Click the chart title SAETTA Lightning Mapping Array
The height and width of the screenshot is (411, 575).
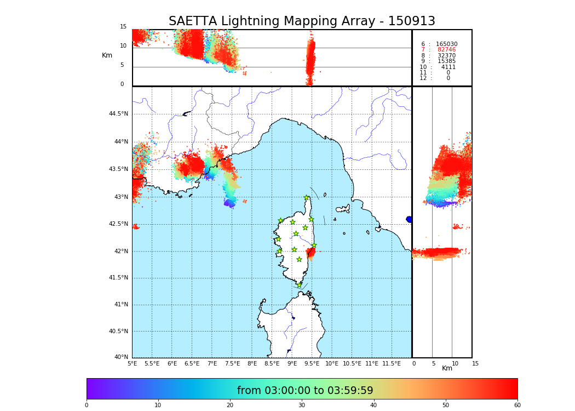click(302, 21)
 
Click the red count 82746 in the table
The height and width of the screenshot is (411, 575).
click(446, 50)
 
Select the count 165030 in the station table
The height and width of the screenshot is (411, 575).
click(446, 44)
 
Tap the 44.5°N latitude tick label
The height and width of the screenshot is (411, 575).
click(118, 114)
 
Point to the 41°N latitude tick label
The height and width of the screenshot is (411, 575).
click(120, 305)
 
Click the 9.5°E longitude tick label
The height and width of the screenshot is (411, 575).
click(312, 363)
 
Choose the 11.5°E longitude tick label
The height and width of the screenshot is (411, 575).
click(392, 363)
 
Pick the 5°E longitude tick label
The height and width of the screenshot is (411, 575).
click(133, 363)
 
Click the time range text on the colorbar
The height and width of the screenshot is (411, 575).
click(305, 391)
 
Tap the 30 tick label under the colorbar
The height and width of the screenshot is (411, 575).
click(302, 406)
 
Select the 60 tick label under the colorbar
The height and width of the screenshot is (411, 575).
click(517, 406)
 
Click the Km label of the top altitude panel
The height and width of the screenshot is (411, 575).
click(107, 55)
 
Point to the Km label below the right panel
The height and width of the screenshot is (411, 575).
click(447, 368)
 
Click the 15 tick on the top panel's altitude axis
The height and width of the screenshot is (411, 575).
click(123, 27)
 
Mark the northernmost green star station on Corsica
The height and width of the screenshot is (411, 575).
click(307, 198)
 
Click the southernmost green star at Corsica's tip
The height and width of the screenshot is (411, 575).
click(299, 285)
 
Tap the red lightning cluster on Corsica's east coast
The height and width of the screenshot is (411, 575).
click(311, 253)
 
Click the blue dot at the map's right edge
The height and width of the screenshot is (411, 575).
click(409, 219)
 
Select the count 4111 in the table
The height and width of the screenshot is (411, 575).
click(448, 67)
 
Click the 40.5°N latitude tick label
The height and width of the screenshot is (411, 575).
click(118, 332)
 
